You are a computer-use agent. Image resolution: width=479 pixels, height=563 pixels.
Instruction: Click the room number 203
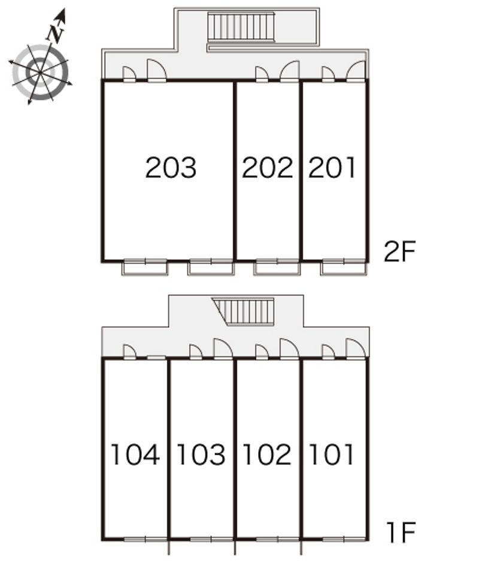click(x=171, y=168)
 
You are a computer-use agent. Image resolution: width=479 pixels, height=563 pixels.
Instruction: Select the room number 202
click(x=268, y=168)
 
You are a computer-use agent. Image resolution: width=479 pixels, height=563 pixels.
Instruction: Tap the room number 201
click(x=332, y=168)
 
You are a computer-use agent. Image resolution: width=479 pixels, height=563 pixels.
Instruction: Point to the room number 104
click(x=135, y=455)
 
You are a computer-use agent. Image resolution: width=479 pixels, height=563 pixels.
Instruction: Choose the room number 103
click(x=201, y=455)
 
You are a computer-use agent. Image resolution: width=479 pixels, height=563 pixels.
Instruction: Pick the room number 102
click(x=267, y=455)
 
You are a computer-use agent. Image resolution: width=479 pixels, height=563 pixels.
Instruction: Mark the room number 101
click(x=331, y=455)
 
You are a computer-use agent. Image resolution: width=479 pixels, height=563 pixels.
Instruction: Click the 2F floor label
click(x=399, y=252)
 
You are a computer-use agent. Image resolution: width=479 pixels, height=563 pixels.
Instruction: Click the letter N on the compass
click(x=56, y=34)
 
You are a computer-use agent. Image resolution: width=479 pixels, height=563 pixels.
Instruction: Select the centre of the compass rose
click(x=40, y=74)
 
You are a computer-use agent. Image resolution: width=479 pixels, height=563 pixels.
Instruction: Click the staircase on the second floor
click(x=241, y=28)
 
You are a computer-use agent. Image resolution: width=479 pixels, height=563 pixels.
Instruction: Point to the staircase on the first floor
click(x=244, y=311)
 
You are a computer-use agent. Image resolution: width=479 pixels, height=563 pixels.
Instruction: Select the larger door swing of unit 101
click(x=356, y=349)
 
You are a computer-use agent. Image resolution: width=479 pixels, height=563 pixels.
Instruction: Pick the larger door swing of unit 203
click(x=156, y=69)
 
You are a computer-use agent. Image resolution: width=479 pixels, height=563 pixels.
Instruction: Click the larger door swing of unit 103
click(x=223, y=349)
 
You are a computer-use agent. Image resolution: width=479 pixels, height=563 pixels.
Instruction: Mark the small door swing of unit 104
click(x=129, y=351)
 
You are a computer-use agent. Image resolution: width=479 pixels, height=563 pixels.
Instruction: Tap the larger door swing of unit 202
click(x=289, y=71)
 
